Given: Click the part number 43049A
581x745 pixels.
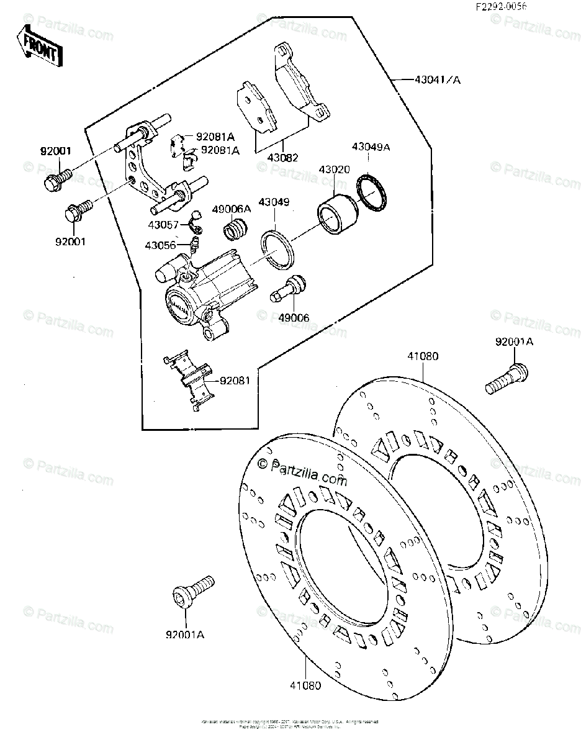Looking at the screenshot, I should [x=371, y=147].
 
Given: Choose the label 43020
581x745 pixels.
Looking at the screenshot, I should [x=334, y=169].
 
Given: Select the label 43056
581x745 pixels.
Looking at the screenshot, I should [x=161, y=246].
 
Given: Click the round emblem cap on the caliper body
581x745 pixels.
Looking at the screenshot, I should [x=179, y=307].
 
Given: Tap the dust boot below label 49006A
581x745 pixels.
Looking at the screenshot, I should [x=235, y=230].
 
